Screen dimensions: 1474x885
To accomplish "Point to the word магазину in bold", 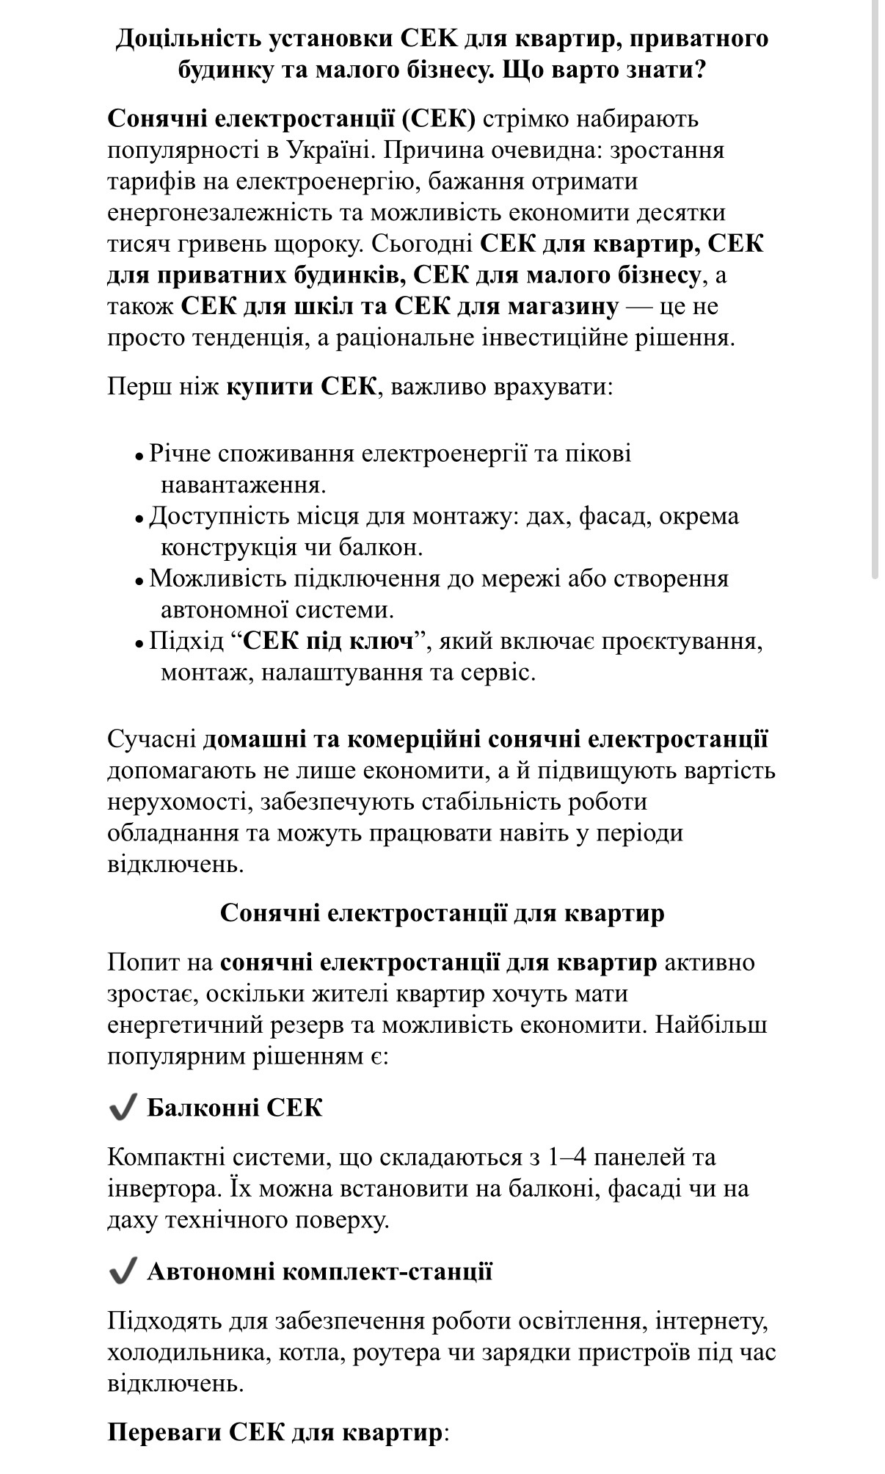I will (564, 306).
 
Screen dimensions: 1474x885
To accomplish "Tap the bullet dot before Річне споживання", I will (139, 456).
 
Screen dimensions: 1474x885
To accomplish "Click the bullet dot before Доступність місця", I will (139, 518).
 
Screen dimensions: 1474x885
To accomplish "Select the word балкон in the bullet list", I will (383, 548).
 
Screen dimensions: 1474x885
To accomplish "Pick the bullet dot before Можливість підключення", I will (139, 581).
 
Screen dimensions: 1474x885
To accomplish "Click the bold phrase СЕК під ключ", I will (327, 642).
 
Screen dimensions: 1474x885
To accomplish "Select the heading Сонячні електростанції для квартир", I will (442, 913).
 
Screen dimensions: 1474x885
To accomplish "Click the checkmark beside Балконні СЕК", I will (123, 1107).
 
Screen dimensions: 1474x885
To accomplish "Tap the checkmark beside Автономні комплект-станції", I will (123, 1271).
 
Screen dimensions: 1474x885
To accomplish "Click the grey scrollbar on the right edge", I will (875, 294).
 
